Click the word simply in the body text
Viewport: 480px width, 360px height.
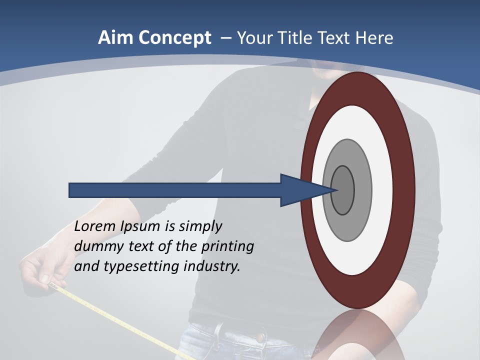pos(200,227)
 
